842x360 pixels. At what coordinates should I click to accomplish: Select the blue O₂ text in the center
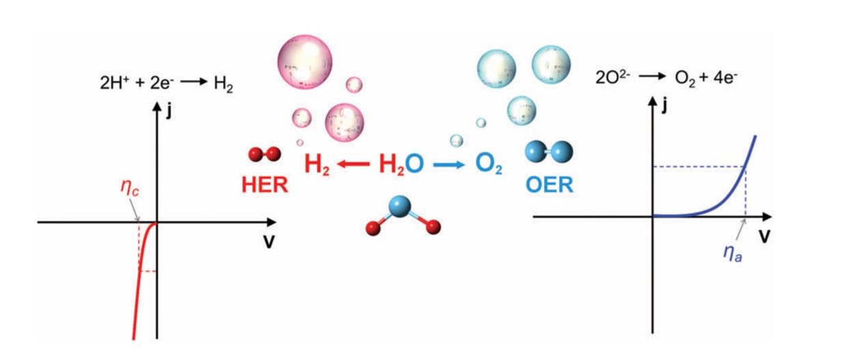[486, 165]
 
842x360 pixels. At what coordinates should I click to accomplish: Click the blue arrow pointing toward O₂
[447, 165]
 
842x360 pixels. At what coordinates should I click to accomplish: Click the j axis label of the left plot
[167, 109]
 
